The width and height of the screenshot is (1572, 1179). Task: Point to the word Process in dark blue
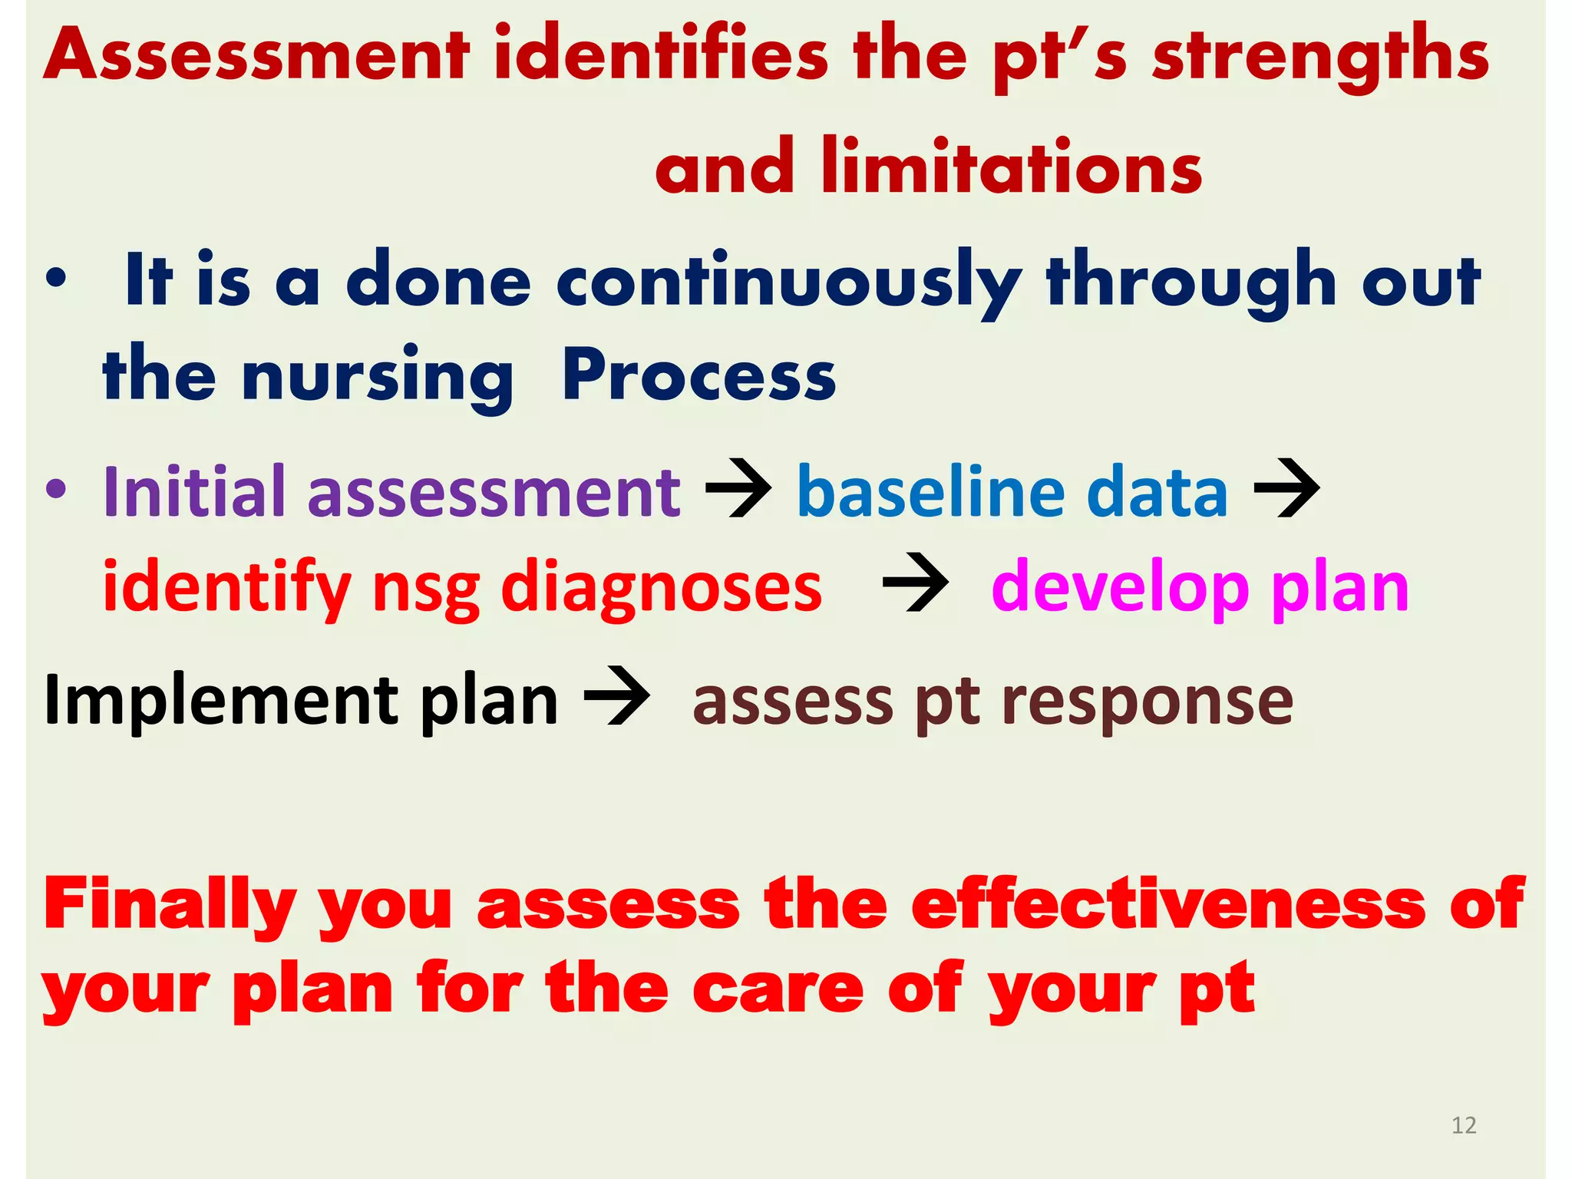pyautogui.click(x=699, y=375)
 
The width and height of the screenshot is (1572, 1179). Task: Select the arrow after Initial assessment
pyautogui.click(x=738, y=488)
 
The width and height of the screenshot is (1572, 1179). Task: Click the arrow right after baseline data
pyautogui.click(x=1286, y=488)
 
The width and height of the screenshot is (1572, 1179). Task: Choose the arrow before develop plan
pyautogui.click(x=916, y=583)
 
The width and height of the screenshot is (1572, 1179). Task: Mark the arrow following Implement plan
pyautogui.click(x=616, y=696)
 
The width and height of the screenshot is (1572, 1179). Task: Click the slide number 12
pyautogui.click(x=1464, y=1125)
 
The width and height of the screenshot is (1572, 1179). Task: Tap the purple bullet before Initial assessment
pyautogui.click(x=56, y=489)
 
